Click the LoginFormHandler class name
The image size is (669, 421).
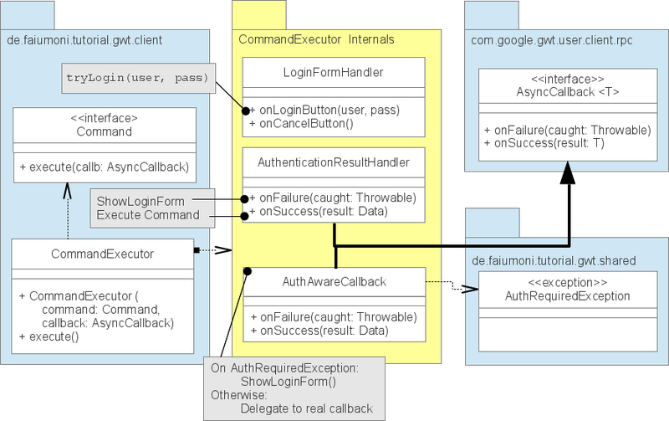pyautogui.click(x=334, y=73)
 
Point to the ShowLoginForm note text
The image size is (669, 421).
pyautogui.click(x=140, y=201)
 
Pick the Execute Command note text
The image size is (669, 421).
pyautogui.click(x=147, y=215)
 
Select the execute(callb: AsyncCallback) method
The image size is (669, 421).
pyautogui.click(x=104, y=167)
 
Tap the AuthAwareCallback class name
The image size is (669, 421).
pyautogui.click(x=333, y=281)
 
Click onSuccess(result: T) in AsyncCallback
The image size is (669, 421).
pyautogui.click(x=546, y=144)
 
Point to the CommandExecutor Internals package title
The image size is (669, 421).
pyautogui.click(x=316, y=39)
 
